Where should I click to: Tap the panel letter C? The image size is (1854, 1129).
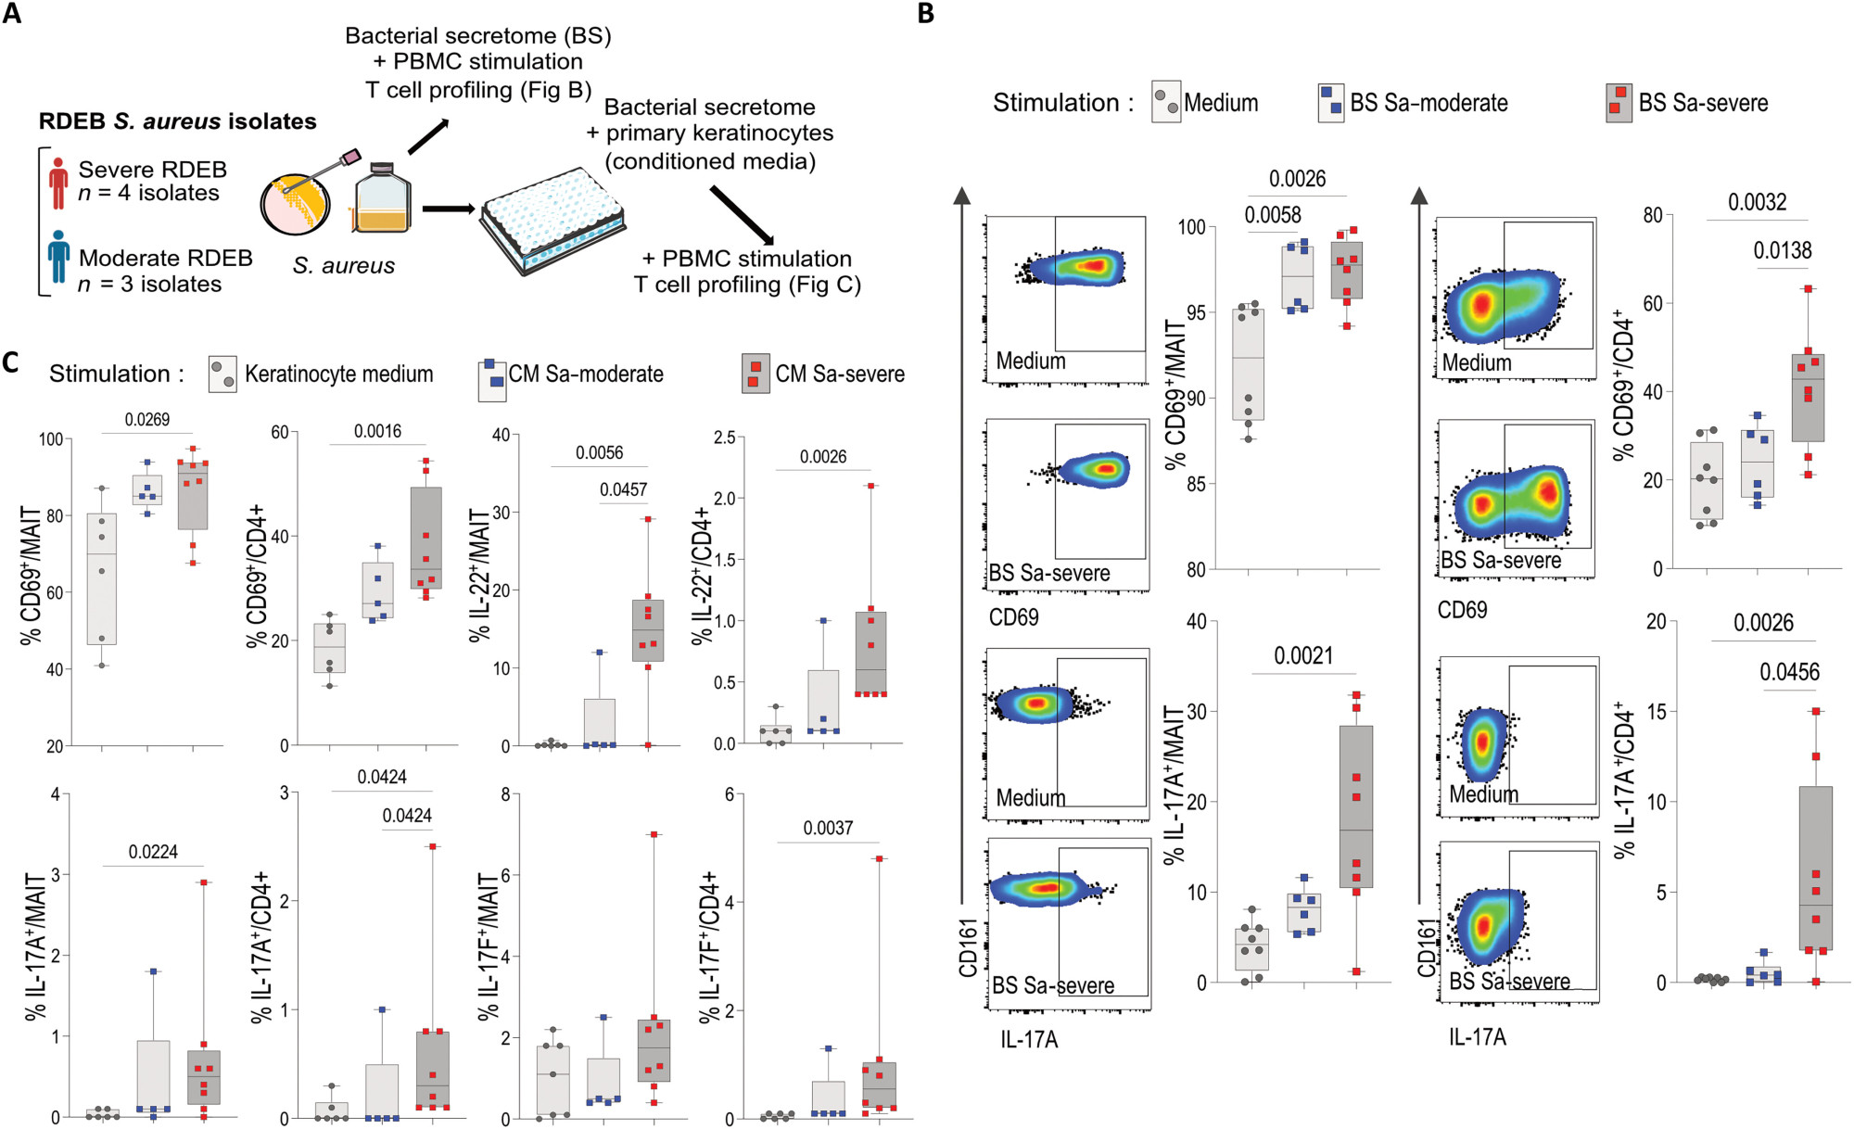[10, 362]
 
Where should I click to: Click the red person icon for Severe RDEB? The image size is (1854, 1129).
[58, 183]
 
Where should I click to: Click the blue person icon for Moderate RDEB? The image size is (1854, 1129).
[58, 257]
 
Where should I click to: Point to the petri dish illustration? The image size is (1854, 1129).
[294, 204]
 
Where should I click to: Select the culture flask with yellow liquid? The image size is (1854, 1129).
[382, 197]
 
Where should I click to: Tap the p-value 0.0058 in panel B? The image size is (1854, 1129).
[1273, 215]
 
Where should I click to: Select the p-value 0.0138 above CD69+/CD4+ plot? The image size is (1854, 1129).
[1783, 250]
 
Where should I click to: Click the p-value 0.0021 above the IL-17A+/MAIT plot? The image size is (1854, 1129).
[1303, 656]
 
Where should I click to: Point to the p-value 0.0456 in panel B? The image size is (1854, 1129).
[1790, 672]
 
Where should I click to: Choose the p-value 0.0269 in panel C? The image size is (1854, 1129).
[147, 420]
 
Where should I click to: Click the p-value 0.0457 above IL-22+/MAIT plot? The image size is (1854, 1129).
[623, 489]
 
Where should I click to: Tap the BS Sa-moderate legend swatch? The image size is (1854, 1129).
[1331, 102]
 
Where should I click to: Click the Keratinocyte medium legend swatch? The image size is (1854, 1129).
[222, 374]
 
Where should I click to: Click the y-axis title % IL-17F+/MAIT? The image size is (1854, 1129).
[489, 946]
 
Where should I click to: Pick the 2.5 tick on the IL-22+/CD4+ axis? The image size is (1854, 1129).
[724, 437]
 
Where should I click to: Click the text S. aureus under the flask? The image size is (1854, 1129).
[344, 266]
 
